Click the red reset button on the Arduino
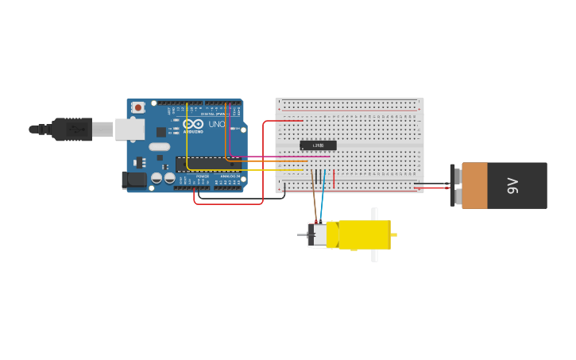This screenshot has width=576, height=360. [138, 106]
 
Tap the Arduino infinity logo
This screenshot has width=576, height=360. [193, 124]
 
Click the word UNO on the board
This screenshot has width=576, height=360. [217, 124]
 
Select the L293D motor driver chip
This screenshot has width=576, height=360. [318, 145]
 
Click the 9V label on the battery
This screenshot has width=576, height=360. [513, 186]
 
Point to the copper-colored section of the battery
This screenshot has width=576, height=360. [474, 186]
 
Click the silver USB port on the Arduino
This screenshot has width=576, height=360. [130, 129]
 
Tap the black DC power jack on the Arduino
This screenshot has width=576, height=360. [134, 181]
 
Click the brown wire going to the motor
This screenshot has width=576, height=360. [315, 203]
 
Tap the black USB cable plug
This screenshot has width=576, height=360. [72, 129]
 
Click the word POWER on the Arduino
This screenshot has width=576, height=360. [203, 176]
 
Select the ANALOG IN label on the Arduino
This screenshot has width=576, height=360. [230, 176]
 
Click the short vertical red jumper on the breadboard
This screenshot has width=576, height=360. [334, 180]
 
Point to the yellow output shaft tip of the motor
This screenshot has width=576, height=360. [393, 235]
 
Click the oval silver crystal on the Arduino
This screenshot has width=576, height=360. [159, 146]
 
